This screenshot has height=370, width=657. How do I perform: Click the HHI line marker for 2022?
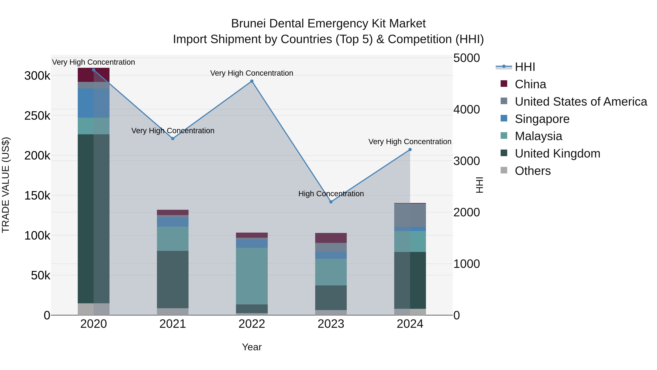[x=252, y=81]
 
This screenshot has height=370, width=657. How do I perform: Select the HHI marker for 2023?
[x=331, y=202]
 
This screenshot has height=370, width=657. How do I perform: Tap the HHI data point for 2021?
[x=173, y=138]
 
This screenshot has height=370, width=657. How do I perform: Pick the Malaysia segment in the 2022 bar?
[x=252, y=276]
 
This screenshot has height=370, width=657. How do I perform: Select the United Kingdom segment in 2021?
[x=173, y=279]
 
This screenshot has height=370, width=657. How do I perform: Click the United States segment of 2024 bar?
[x=410, y=215]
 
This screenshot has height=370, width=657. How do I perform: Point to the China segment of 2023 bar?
[x=331, y=238]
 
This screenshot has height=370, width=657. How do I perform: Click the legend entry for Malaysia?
[x=538, y=136]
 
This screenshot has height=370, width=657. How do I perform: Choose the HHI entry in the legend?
[x=525, y=67]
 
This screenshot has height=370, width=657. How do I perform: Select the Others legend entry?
[x=533, y=171]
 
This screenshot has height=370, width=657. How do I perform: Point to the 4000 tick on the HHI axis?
[x=466, y=110]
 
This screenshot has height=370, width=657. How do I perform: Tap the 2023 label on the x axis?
[x=331, y=324]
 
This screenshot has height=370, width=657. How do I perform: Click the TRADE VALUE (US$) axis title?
[x=6, y=185]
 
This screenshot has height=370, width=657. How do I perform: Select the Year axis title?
[x=252, y=347]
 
